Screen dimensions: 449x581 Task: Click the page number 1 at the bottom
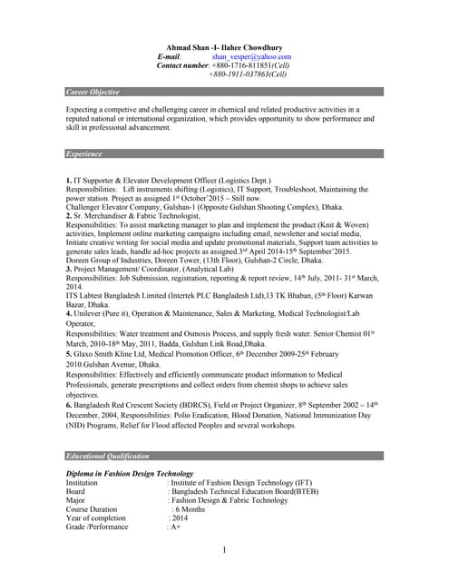(224, 551)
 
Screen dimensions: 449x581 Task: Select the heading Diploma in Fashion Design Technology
(130, 474)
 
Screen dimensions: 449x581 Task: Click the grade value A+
(175, 527)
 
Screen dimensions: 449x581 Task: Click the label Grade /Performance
(97, 527)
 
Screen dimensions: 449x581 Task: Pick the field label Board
(76, 491)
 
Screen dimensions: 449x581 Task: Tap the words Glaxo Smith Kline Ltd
(115, 328)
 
